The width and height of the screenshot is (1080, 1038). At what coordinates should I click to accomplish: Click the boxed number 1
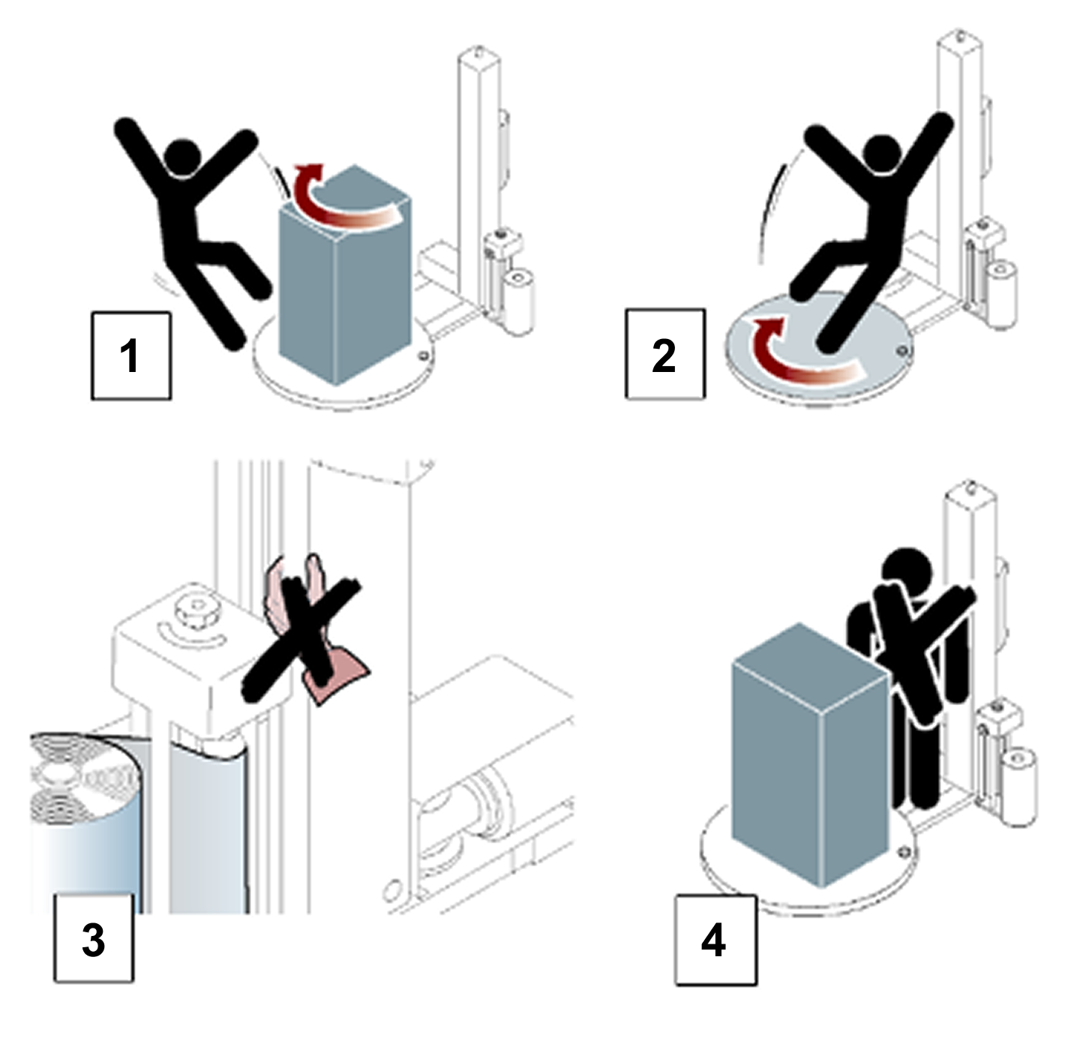click(131, 355)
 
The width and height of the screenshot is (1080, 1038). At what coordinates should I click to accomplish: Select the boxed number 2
click(664, 353)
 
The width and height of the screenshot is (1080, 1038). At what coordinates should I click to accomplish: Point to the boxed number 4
click(715, 940)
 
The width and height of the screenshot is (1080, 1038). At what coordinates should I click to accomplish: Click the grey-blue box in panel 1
click(345, 274)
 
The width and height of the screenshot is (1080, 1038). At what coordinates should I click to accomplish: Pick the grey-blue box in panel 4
click(810, 754)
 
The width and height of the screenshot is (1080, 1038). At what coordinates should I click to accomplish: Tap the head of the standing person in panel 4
click(907, 572)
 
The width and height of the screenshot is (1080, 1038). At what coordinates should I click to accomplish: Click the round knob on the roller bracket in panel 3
click(198, 612)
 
